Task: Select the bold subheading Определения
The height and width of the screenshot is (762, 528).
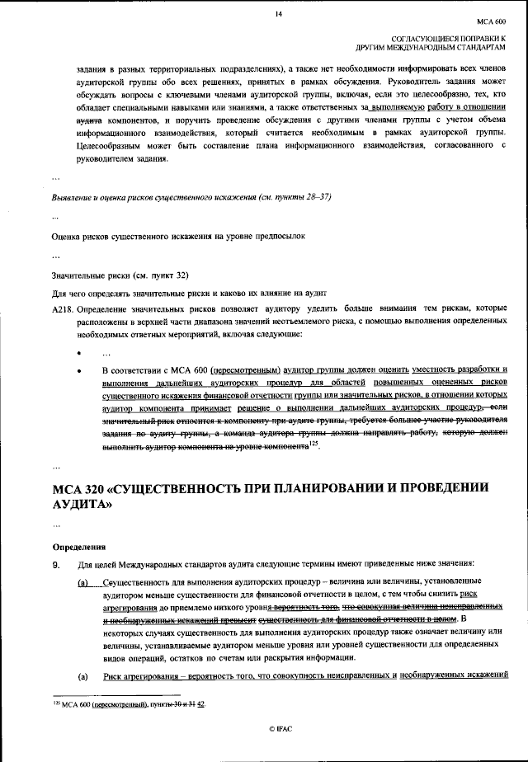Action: pyautogui.click(x=78, y=546)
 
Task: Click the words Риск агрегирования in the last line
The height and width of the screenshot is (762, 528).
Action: pyautogui.click(x=143, y=676)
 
